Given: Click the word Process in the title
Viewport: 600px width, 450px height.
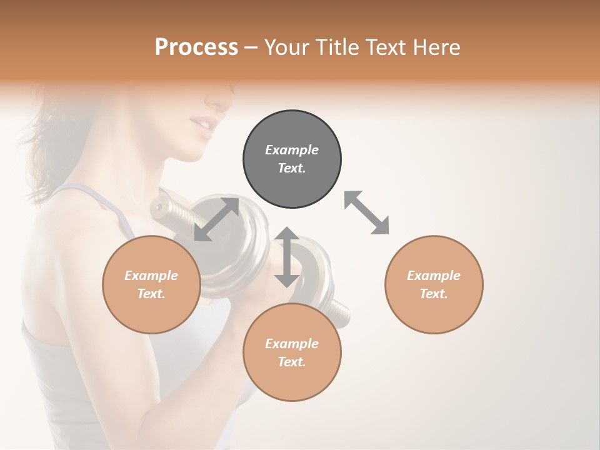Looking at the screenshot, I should tap(196, 47).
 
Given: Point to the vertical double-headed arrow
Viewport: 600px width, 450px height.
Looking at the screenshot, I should tap(287, 257).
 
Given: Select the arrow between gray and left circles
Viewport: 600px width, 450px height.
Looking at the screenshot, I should tap(216, 219).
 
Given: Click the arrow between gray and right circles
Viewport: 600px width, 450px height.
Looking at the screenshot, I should tap(367, 212).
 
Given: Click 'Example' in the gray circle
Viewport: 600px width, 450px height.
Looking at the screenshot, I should tap(292, 150).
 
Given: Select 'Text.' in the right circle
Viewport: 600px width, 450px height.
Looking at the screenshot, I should tap(434, 294).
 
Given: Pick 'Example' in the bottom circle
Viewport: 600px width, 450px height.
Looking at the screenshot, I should tap(292, 344).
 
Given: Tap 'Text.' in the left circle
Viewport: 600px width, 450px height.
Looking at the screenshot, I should tap(151, 294).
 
